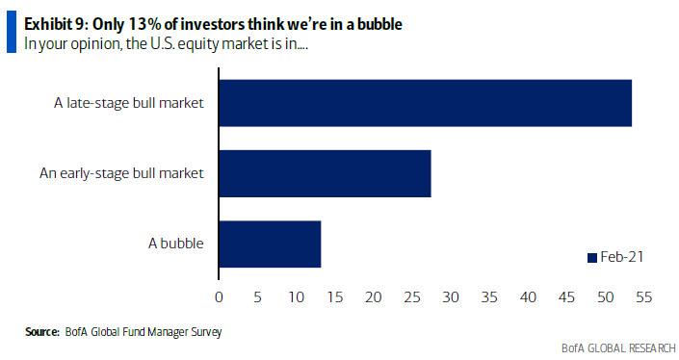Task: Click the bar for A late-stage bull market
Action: (x=425, y=103)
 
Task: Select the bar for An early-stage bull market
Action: (x=325, y=173)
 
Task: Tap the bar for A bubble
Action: (x=270, y=244)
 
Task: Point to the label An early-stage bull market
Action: (x=121, y=173)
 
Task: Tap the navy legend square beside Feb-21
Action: (x=592, y=258)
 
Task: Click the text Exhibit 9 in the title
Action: (x=53, y=24)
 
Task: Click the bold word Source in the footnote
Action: (x=42, y=332)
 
